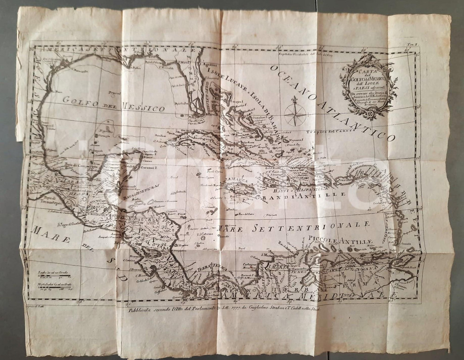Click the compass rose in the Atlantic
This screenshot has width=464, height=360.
click(295, 112)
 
